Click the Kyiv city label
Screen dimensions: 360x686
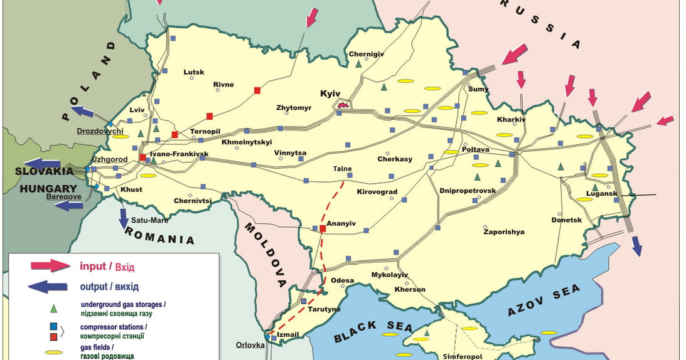pyautogui.click(x=330, y=93)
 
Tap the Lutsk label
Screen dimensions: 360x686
pyautogui.click(x=194, y=72)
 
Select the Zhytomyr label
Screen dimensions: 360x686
pyautogui.click(x=294, y=108)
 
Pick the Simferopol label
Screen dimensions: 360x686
pyautogui.click(x=462, y=356)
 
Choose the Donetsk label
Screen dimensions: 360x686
pyautogui.click(x=567, y=220)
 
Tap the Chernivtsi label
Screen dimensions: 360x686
pyautogui.click(x=193, y=201)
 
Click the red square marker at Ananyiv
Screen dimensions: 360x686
pyautogui.click(x=323, y=228)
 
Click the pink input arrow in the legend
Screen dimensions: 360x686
pyautogui.click(x=50, y=266)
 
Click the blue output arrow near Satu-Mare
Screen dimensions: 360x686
pyautogui.click(x=124, y=217)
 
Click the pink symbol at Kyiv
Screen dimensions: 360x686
pyautogui.click(x=343, y=105)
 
